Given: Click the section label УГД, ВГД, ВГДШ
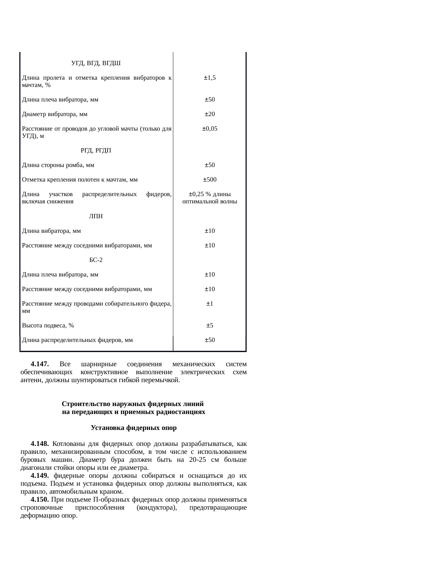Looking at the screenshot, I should (x=96, y=63).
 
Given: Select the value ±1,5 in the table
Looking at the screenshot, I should (x=210, y=78).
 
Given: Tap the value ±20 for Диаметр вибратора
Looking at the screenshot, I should (x=210, y=114).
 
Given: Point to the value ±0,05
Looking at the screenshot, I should (x=210, y=129).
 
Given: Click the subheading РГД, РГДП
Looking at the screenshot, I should (x=96, y=150).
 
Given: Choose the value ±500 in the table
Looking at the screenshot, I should (x=210, y=179).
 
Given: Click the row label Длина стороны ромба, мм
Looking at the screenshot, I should (x=58, y=165).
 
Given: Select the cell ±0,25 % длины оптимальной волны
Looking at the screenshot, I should (x=210, y=197).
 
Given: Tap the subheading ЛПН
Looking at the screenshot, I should (x=96, y=216).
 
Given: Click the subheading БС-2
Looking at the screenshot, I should (x=96, y=260).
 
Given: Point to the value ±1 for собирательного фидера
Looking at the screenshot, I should (x=210, y=303).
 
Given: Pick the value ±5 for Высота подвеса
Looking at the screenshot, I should (x=210, y=325).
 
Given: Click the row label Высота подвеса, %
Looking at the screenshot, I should (x=48, y=325).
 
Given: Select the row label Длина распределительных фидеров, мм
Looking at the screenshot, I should (x=77, y=340).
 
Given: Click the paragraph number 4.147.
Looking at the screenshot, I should (x=39, y=364).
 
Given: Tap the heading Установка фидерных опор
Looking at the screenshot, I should (x=134, y=428).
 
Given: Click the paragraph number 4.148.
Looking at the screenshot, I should (x=39, y=444).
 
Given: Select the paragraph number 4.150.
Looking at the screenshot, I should (x=39, y=500).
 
